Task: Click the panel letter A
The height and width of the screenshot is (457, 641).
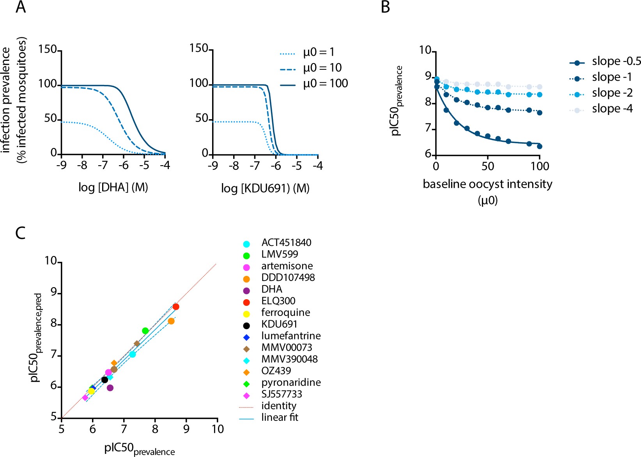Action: (x=21, y=7)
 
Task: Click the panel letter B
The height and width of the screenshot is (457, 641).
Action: (x=385, y=7)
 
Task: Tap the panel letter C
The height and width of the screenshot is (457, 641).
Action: (x=20, y=233)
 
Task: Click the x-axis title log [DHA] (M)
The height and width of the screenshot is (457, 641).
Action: (x=113, y=187)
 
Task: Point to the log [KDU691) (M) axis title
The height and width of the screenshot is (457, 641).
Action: (x=265, y=189)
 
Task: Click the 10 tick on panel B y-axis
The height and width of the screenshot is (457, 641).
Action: (x=425, y=50)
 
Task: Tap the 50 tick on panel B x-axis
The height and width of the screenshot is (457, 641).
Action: (x=487, y=166)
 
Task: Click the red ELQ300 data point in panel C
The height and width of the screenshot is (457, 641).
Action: (x=176, y=307)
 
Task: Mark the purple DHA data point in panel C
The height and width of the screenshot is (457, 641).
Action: (x=110, y=388)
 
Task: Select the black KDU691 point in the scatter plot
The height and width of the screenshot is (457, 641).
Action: (x=104, y=379)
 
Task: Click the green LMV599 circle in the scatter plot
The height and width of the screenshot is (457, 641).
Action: (x=145, y=331)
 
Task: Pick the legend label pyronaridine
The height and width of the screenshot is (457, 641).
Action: (x=291, y=383)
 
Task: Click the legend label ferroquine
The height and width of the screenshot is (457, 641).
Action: (x=285, y=312)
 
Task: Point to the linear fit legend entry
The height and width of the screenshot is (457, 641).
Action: (x=280, y=417)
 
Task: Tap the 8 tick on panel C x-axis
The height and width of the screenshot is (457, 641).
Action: (x=155, y=429)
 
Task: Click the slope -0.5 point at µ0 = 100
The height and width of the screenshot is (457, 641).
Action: (x=539, y=146)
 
